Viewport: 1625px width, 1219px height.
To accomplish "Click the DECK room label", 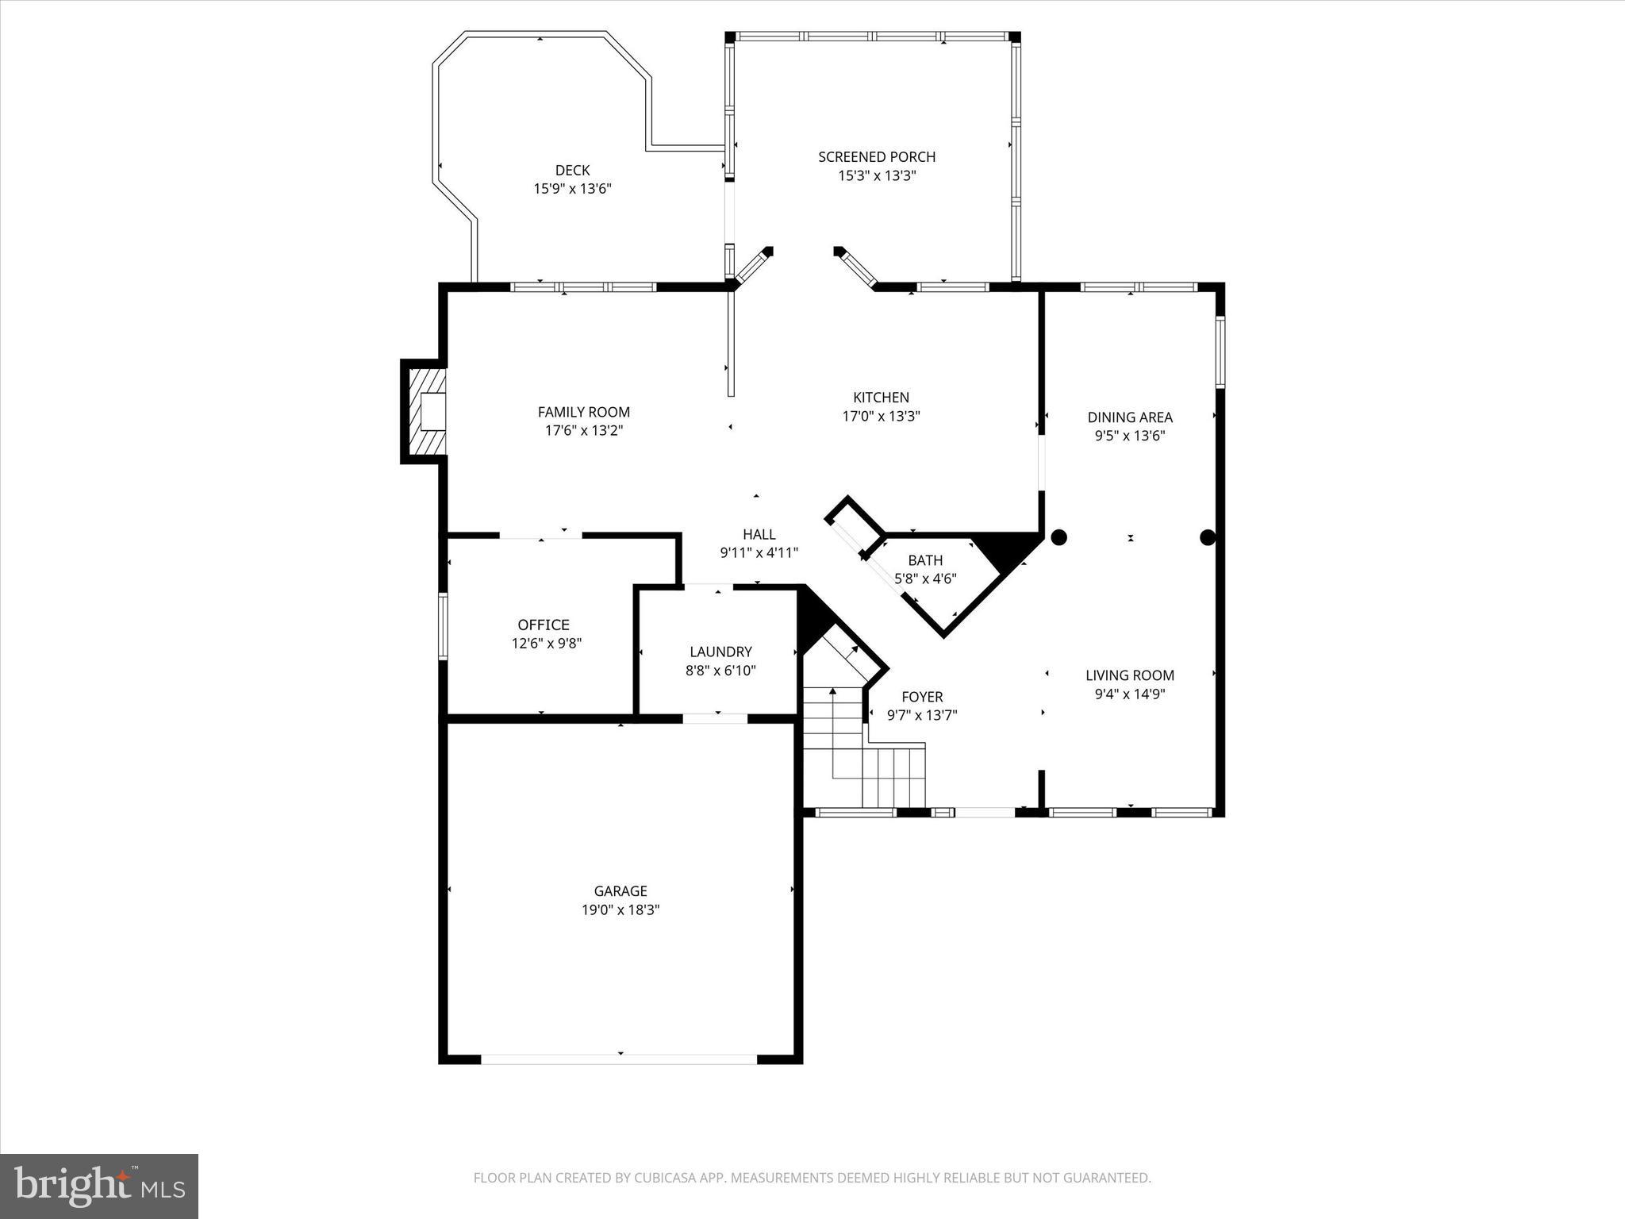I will click(x=572, y=170).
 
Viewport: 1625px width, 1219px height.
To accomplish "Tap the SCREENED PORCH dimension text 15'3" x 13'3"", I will click(x=877, y=176).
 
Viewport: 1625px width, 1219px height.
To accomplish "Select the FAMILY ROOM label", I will click(x=583, y=412).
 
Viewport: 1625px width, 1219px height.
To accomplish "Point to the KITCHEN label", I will click(x=881, y=398).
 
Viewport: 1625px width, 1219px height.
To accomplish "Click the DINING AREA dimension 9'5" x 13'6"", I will click(x=1129, y=436).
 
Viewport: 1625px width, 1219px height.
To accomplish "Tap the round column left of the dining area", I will click(x=1058, y=537).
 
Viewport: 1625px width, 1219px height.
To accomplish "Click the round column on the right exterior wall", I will click(x=1208, y=537).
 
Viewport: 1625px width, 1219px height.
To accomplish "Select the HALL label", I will click(x=759, y=534).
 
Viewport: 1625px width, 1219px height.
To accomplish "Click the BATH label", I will click(x=925, y=560).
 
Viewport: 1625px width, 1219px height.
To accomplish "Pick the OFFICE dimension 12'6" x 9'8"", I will click(x=546, y=644).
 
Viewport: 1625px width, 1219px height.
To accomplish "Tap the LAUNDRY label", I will click(x=720, y=652).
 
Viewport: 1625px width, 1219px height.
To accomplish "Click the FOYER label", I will click(x=922, y=697).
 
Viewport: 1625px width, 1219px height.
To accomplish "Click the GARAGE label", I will click(x=620, y=891).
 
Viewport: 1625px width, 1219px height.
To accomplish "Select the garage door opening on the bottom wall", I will click(x=619, y=1059).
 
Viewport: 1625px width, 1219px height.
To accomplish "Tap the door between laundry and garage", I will click(x=715, y=718).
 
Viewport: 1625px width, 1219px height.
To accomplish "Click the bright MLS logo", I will click(x=99, y=1186).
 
